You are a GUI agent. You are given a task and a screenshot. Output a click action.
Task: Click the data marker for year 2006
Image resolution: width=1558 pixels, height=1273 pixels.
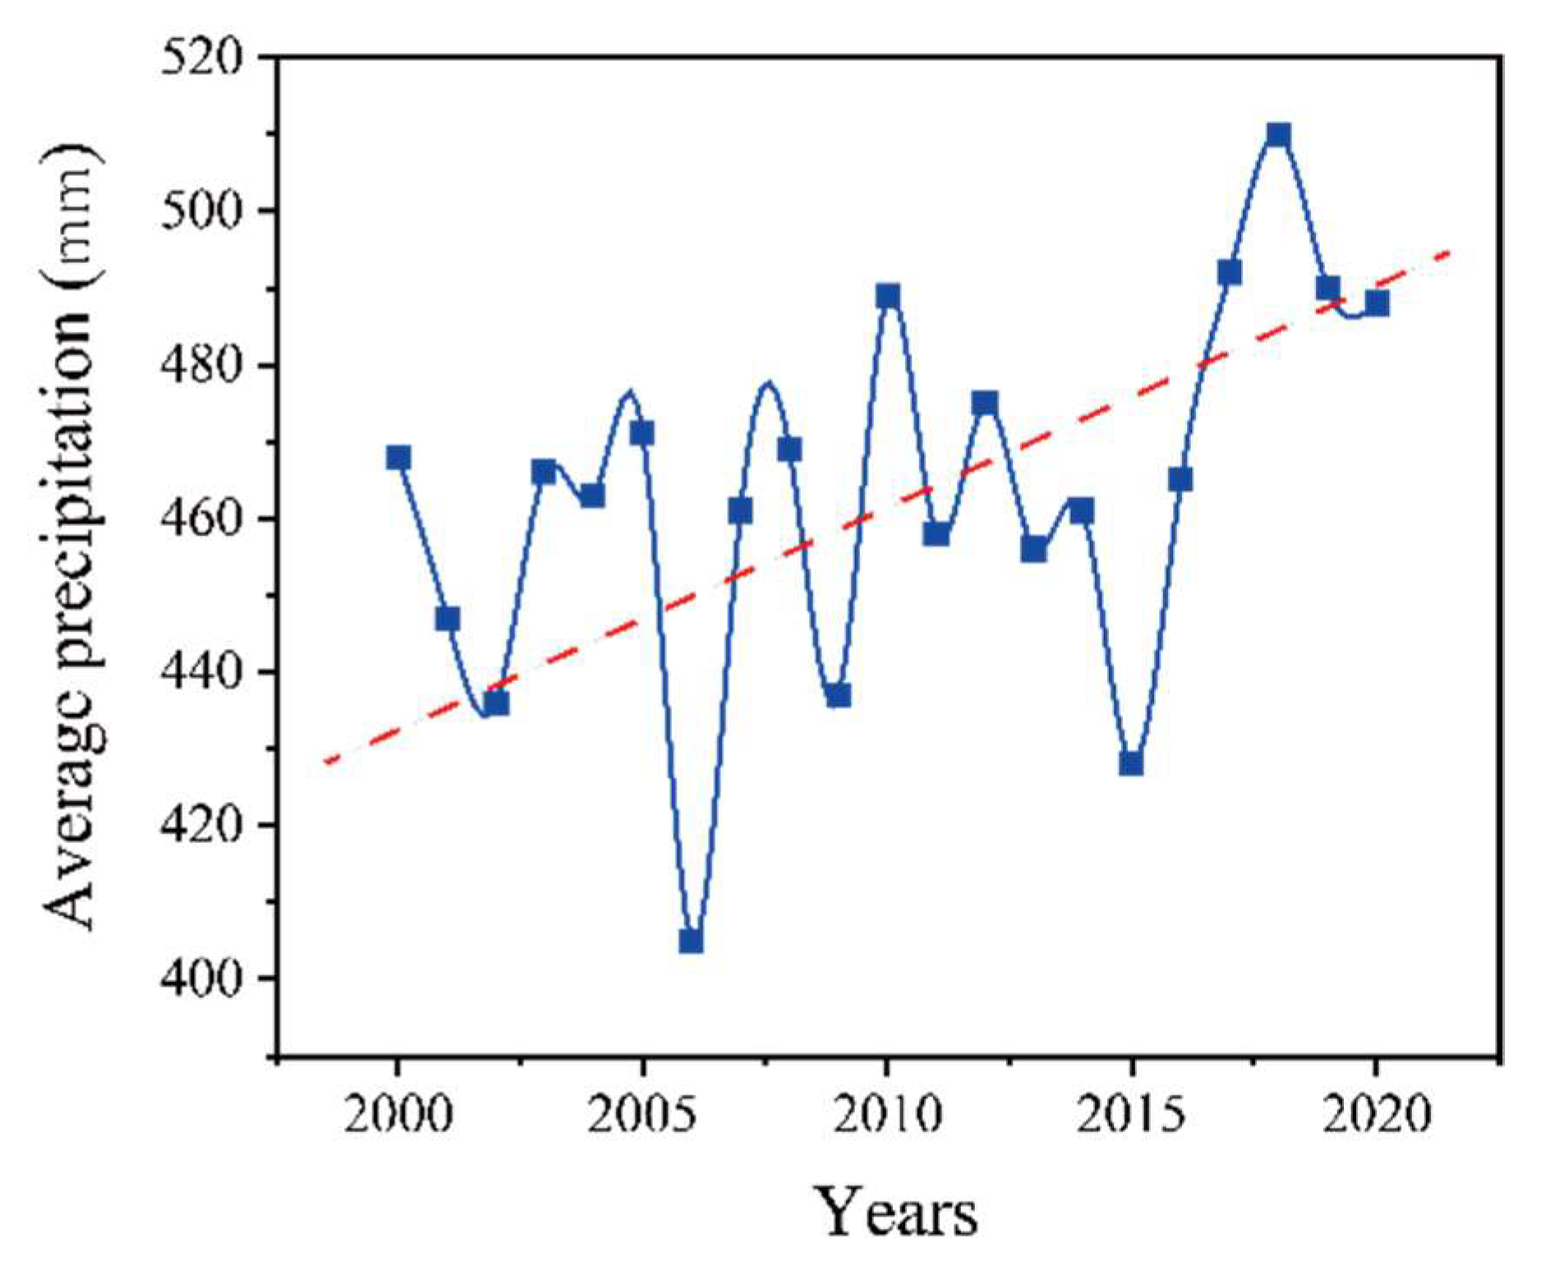(x=691, y=941)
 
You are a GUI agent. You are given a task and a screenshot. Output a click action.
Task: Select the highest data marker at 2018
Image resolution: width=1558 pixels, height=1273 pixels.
(x=1278, y=135)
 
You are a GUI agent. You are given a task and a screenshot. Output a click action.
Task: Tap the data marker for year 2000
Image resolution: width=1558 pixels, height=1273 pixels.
(x=399, y=457)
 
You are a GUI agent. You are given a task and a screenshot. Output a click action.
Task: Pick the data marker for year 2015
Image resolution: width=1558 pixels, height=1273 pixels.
(x=1131, y=764)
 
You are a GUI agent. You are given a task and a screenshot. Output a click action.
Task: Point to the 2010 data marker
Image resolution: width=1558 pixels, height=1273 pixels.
(x=887, y=296)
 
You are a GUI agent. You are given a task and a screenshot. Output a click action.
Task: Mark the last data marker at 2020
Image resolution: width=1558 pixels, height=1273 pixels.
(x=1376, y=303)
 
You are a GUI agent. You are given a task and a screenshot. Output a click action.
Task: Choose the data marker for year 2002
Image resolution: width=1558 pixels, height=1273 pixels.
(x=496, y=703)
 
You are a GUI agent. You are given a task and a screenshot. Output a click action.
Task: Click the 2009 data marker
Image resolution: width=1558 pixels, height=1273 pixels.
(x=838, y=695)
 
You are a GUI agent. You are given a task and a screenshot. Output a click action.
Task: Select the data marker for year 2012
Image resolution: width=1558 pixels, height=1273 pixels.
(x=984, y=402)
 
